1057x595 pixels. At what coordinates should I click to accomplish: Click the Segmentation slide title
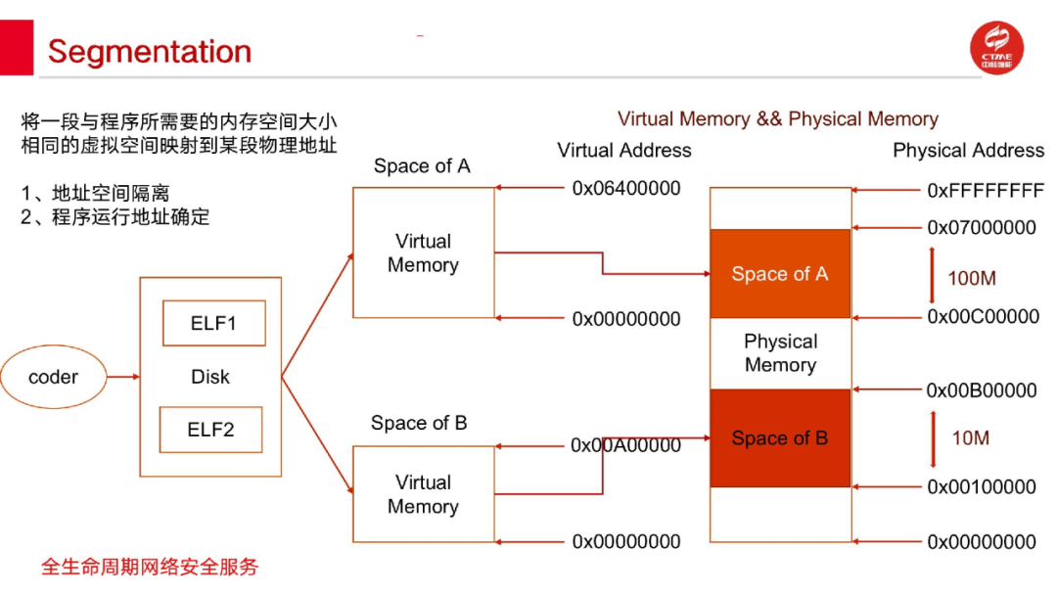click(149, 52)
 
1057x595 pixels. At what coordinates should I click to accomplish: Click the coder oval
click(53, 377)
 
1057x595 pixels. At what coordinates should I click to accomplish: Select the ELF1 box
click(213, 323)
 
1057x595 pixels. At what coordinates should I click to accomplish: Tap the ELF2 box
click(210, 430)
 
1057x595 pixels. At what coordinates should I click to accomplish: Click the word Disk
click(210, 377)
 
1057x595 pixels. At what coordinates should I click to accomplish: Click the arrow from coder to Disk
click(122, 377)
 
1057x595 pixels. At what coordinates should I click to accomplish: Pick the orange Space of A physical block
click(779, 274)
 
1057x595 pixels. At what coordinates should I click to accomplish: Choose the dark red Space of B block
click(779, 438)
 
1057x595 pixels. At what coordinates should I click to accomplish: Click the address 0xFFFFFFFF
click(985, 190)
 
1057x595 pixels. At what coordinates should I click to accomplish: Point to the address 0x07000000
click(981, 228)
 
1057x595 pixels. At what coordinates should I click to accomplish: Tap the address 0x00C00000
click(983, 316)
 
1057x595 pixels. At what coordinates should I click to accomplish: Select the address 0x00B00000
click(981, 390)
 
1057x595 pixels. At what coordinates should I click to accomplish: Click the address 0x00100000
click(981, 486)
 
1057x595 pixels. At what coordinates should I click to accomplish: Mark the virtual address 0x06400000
click(626, 188)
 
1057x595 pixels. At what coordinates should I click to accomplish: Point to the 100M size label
click(971, 278)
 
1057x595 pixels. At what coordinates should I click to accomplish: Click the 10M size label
click(970, 437)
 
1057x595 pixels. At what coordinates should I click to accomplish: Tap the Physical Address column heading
click(968, 151)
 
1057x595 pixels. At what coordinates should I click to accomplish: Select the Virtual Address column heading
click(624, 151)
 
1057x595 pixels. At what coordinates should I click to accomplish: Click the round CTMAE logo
click(996, 49)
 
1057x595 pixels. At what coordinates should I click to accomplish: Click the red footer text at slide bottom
click(150, 567)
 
